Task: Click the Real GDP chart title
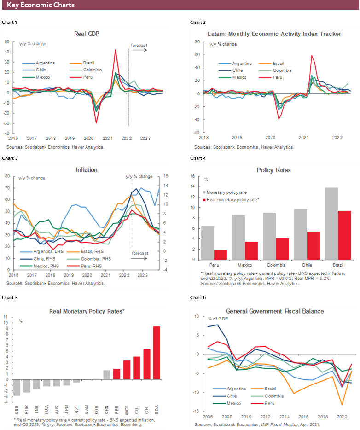pos(87,34)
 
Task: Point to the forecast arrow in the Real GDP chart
pos(139,50)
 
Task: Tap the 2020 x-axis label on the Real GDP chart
pos(88,138)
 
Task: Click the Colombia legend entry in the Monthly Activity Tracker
pos(280,70)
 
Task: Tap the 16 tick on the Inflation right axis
pos(166,176)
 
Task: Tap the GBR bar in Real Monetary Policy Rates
pos(17,387)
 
